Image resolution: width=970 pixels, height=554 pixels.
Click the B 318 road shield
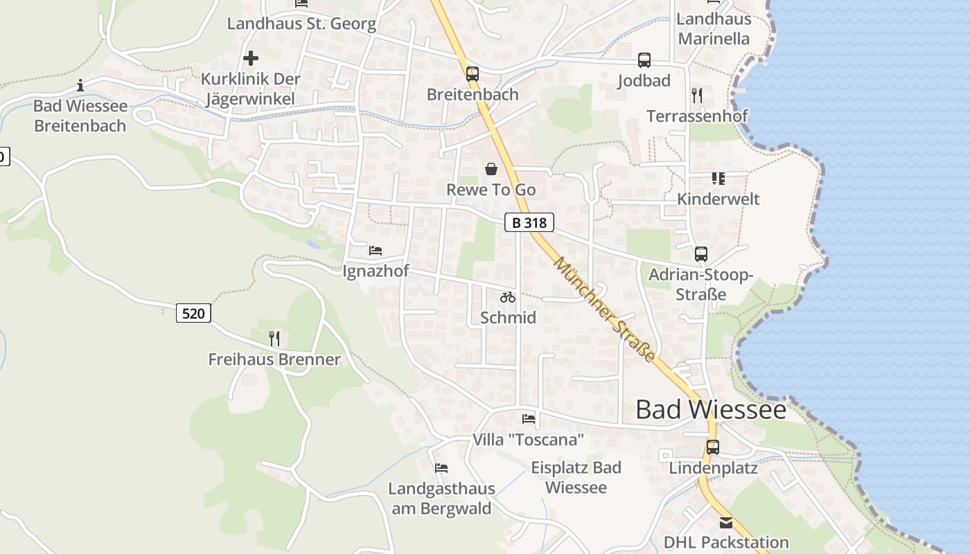point(529,222)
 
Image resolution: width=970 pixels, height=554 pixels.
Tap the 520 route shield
point(193,313)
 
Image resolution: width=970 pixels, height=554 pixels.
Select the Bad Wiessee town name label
point(711,409)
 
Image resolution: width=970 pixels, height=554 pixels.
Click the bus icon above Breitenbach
point(473,73)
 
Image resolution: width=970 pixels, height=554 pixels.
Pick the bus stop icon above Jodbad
point(644,60)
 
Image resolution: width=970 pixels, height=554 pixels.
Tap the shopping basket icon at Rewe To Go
point(491,169)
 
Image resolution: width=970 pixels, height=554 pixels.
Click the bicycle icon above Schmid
point(508,297)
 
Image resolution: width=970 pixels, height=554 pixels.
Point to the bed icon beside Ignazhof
point(376,250)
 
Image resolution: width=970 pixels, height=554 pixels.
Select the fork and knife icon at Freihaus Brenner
point(274,338)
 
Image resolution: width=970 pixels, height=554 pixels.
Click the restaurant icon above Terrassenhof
point(697,96)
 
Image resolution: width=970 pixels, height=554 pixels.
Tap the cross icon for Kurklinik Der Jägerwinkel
point(251,58)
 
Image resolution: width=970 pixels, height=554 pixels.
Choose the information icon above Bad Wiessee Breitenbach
point(80,85)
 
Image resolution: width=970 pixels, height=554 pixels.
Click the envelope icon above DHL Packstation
point(725,522)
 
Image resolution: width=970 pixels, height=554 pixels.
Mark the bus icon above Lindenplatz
point(713,447)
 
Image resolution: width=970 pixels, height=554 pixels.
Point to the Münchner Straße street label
point(604,310)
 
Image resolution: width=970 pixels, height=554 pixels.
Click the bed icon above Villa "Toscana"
point(529,418)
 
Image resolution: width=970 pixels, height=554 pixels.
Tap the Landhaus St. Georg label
point(301,24)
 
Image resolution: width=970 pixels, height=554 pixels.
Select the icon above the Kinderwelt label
point(718,179)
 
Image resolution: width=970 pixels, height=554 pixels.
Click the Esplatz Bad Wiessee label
point(576,477)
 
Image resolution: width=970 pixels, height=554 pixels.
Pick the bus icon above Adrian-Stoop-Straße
point(701,254)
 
